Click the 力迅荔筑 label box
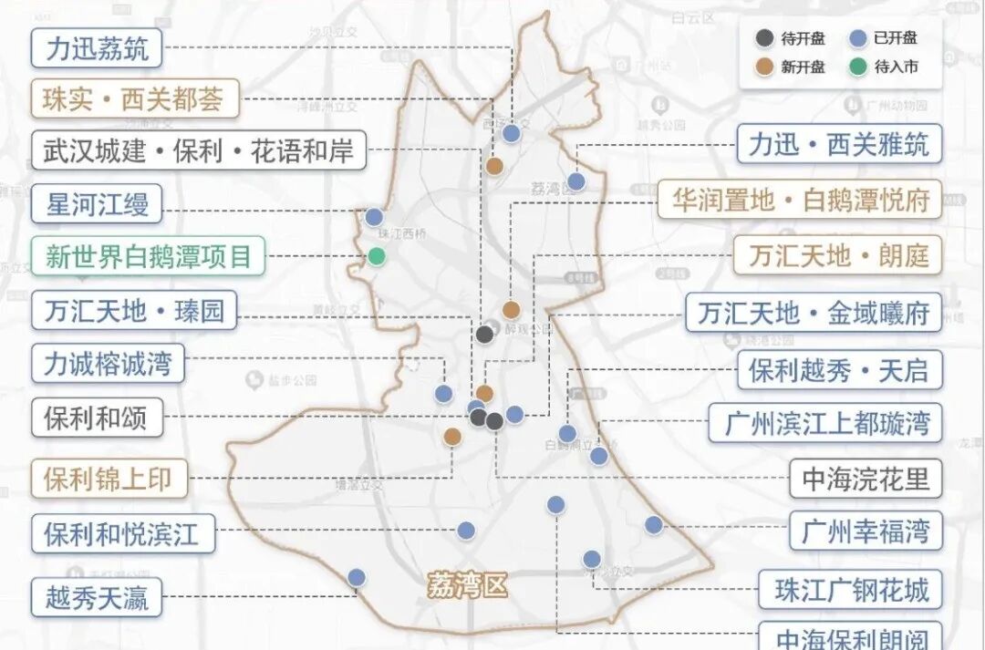[x=97, y=47]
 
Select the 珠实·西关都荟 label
[x=134, y=98]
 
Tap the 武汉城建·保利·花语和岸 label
[x=198, y=150]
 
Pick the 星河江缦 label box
[x=97, y=203]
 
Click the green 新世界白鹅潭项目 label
[x=148, y=256]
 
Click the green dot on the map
[x=377, y=257]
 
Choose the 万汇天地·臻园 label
[x=134, y=311]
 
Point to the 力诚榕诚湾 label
[x=108, y=364]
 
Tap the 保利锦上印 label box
[x=109, y=479]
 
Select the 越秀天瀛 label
[x=97, y=599]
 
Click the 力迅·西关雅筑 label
[x=839, y=144]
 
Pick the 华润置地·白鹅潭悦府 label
[x=800, y=200]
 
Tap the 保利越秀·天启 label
[x=839, y=369]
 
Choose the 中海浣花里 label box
[x=866, y=479]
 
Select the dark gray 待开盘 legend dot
[x=764, y=38]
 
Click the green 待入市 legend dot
[x=856, y=66]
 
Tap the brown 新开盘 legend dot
[x=764, y=66]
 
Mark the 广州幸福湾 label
[x=866, y=531]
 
